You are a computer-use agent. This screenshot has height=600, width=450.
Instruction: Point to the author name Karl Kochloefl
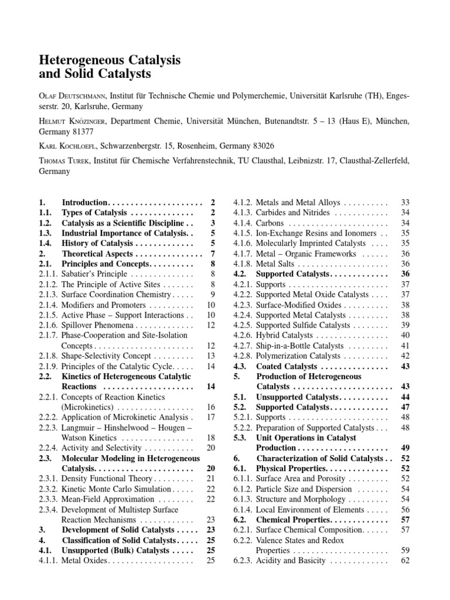[69, 145]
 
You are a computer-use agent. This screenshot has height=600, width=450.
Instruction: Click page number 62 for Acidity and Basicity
[404, 561]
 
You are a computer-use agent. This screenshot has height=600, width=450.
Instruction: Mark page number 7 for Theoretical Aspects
[212, 253]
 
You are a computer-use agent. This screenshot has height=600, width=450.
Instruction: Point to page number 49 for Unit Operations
[404, 448]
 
